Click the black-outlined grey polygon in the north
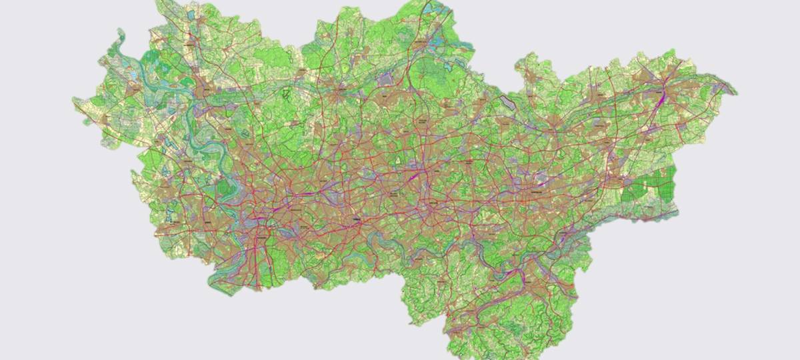[509, 102]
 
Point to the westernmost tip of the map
[73, 101]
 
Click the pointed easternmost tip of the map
[737, 91]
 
